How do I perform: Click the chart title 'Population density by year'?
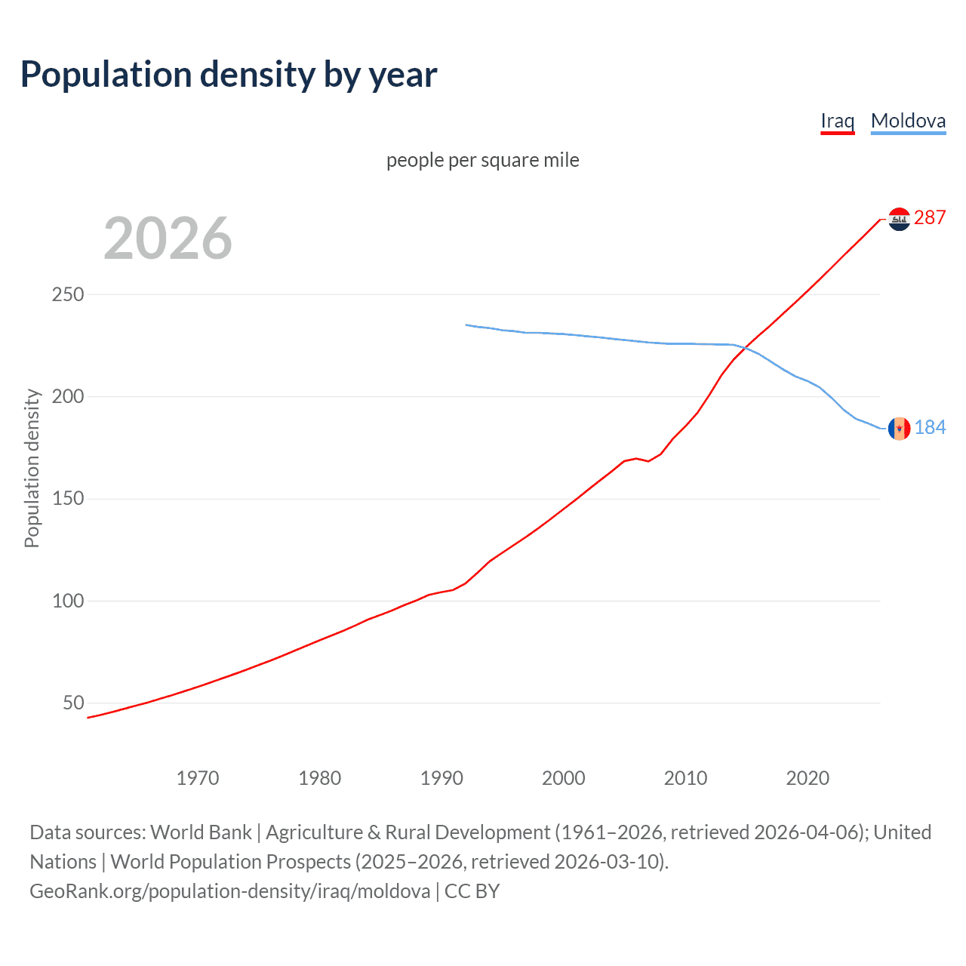pos(229,74)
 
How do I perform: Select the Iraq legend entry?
pos(837,121)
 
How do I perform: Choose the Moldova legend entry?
pos(908,121)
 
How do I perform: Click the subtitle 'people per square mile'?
pos(482,160)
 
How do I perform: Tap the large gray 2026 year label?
pos(168,238)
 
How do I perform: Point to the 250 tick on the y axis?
pos(67,294)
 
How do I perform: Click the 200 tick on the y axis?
pos(67,396)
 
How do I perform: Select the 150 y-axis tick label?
pos(67,499)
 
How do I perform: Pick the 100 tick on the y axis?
pos(67,601)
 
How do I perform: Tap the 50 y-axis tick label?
pos(73,703)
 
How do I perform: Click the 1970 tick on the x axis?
pos(198,778)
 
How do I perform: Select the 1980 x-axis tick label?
pos(319,778)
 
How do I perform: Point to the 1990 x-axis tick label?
pos(441,778)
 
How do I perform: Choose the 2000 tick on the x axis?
pos(563,778)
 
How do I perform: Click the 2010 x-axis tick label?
pos(685,778)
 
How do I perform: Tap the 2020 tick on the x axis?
pos(808,778)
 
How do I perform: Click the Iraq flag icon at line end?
pos(899,219)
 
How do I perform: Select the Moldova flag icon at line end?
pos(899,428)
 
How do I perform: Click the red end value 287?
pos(930,217)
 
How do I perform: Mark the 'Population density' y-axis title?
pos(32,468)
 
